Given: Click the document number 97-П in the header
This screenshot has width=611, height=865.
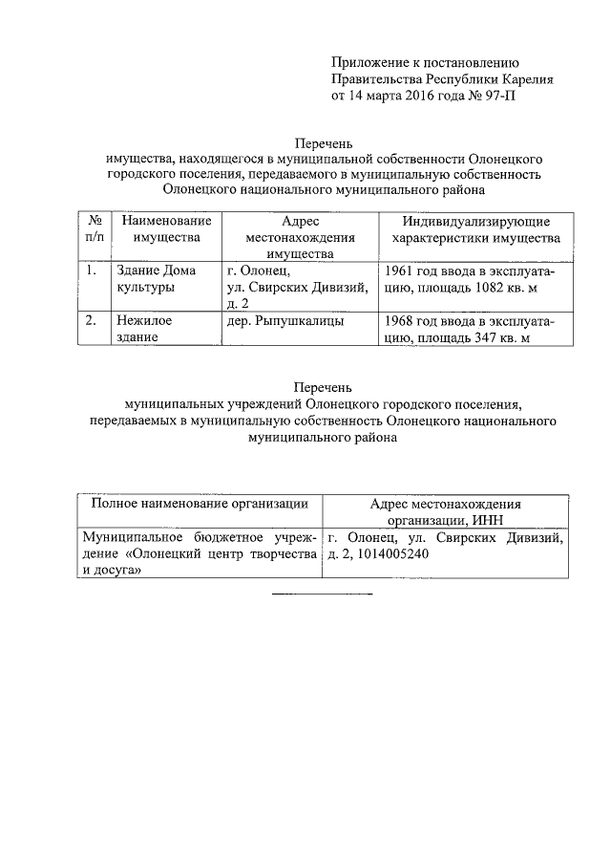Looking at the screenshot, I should (502, 96).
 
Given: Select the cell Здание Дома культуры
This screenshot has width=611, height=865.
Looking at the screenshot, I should (150, 279).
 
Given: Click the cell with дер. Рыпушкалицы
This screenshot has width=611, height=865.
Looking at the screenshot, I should (278, 322).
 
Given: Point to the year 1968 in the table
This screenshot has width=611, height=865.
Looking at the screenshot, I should (401, 322).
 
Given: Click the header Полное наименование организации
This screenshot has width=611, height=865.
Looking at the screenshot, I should (199, 504).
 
